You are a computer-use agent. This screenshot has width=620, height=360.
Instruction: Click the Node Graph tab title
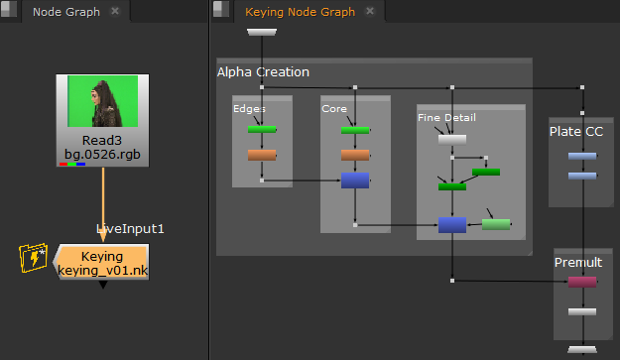click(x=66, y=12)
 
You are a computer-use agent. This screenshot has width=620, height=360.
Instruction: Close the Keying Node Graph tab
click(x=370, y=11)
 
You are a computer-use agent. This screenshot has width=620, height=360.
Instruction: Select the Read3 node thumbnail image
click(x=103, y=101)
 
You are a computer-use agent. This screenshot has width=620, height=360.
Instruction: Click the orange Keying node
click(x=102, y=262)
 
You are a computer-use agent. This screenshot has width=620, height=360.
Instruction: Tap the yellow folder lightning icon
click(x=33, y=258)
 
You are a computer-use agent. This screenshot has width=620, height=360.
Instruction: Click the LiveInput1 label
click(x=130, y=229)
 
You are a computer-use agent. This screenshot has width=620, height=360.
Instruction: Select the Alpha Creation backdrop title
click(x=263, y=72)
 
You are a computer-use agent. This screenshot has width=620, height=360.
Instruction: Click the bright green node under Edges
click(x=262, y=129)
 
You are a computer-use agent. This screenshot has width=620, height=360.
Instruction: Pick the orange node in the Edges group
click(x=262, y=155)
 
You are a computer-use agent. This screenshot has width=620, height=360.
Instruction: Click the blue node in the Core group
click(x=355, y=180)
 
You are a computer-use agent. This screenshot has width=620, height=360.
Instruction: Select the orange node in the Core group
click(x=355, y=155)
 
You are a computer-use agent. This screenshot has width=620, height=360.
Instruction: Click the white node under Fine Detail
click(x=452, y=140)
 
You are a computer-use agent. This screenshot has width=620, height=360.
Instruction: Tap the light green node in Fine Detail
click(x=496, y=224)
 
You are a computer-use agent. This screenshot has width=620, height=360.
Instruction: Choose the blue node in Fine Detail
click(x=452, y=225)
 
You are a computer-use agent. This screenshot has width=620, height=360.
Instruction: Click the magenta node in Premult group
click(x=582, y=282)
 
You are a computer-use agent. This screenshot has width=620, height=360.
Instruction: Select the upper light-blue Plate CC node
click(x=582, y=156)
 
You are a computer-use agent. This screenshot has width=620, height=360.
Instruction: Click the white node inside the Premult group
click(x=582, y=311)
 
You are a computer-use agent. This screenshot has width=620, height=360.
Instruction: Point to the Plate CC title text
click(x=576, y=132)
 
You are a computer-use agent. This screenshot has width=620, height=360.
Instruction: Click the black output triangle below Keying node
click(x=103, y=285)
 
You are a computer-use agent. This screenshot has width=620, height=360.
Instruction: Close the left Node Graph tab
click(x=115, y=11)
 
